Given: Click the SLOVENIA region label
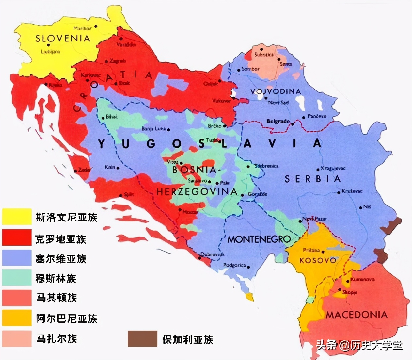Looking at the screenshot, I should [x=62, y=39].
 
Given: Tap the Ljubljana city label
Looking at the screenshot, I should [x=51, y=52].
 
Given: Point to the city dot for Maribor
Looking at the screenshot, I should [x=96, y=26].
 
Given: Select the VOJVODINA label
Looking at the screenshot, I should [x=276, y=91].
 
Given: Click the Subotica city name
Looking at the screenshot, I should [x=264, y=55].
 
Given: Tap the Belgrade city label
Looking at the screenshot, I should [x=278, y=121].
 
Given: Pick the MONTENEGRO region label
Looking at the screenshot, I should [x=259, y=239].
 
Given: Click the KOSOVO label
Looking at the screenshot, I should [x=318, y=260].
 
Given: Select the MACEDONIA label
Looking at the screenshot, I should [x=357, y=315].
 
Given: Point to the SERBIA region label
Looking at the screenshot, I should [x=313, y=179].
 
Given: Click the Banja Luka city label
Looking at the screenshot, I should [x=153, y=129].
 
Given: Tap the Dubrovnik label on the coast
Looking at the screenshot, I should [x=212, y=254].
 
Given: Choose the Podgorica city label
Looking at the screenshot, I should [x=234, y=265].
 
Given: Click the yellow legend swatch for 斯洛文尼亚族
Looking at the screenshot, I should [x=17, y=217].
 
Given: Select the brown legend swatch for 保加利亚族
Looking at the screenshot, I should [x=142, y=339].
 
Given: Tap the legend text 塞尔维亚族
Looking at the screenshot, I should [x=61, y=259].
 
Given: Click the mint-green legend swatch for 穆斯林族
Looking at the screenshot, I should [x=17, y=278].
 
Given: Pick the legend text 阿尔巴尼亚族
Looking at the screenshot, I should [x=66, y=319].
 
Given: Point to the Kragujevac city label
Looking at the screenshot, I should [x=333, y=168].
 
